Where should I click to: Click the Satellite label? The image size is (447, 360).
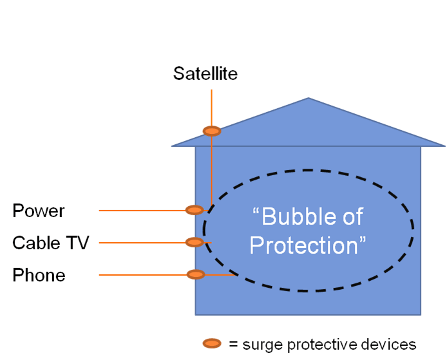coord(205,73)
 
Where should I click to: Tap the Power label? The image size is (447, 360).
coord(39,211)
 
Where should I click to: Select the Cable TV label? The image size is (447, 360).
coord(51,243)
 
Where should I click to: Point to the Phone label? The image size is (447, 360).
coord(39,275)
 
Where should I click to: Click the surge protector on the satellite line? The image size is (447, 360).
coord(212,131)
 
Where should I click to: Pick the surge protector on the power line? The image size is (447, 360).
coord(195,210)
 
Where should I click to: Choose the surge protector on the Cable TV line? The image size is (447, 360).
coord(195,242)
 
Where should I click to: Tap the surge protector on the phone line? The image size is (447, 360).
coord(196,274)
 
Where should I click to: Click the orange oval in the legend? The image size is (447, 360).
coord(212,343)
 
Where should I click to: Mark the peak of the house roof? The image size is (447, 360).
coord(308,98)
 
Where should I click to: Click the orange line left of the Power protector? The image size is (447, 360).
coord(142,211)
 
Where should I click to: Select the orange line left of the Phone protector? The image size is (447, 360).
coord(143,275)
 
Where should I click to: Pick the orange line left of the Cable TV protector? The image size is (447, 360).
coord(142,243)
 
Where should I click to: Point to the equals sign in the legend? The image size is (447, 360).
coord(233,345)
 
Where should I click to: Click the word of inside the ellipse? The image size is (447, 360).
coord(353,216)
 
